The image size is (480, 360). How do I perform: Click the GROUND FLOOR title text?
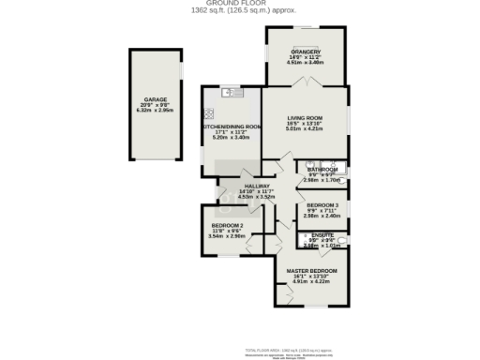[x=240, y=4]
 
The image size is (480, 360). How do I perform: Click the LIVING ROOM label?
[x=305, y=118]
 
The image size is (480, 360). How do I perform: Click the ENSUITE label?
[x=322, y=235]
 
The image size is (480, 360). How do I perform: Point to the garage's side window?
[x=181, y=71]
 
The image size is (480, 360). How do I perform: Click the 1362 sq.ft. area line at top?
[x=240, y=11]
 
